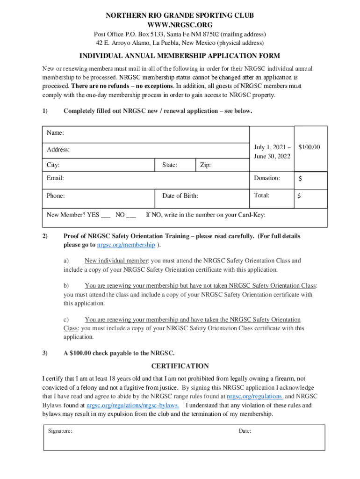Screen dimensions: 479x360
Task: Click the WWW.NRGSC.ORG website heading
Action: [180, 24]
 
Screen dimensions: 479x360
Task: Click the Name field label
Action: [55, 133]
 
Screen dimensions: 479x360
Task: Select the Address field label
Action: [58, 150]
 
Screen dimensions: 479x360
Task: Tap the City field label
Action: [53, 165]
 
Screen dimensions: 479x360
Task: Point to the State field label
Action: [170, 165]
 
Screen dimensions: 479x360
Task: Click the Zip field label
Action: [205, 165]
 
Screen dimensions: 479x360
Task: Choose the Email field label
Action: [55, 178]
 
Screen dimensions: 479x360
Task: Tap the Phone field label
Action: [56, 196]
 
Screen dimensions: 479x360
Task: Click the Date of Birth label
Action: [180, 196]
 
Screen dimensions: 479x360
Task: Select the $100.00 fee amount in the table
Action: [310, 147]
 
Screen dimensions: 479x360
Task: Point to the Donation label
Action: [267, 178]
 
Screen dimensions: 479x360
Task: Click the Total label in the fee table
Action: [261, 195]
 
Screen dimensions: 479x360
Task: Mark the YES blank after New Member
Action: [106, 216]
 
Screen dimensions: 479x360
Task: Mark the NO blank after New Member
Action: [131, 216]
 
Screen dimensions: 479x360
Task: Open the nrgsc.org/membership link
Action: [126, 245]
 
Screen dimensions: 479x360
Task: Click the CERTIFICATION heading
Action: [180, 366]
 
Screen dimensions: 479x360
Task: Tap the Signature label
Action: [60, 431]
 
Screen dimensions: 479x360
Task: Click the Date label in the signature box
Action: [245, 431]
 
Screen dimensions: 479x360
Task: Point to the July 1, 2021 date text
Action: [272, 147]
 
